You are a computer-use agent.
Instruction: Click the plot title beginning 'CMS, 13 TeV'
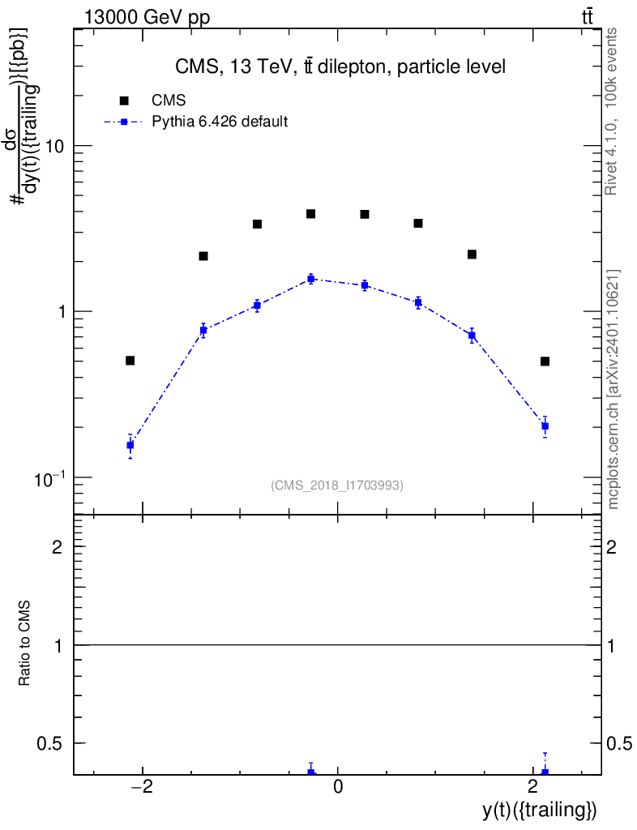point(340,67)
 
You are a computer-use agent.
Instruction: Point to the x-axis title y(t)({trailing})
point(540,810)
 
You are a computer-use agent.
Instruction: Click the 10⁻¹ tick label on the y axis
point(51,478)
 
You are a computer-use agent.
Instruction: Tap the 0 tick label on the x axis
point(338,786)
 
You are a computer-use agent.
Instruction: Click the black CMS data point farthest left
point(130,361)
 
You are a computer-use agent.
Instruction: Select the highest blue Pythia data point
point(310,279)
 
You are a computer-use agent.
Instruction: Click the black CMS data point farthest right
point(545,362)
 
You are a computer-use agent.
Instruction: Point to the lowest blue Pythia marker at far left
point(130,445)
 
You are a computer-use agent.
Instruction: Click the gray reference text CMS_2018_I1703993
point(337,486)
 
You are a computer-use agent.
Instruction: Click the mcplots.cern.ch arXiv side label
point(613,389)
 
